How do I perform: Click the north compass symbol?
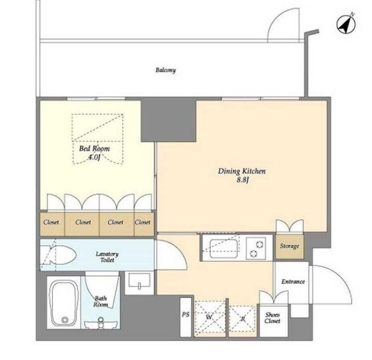pos(346,24)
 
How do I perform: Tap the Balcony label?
pos(166,70)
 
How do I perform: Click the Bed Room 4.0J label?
pos(94,153)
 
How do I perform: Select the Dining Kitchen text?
pos(242,171)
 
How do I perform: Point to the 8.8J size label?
pos(243,180)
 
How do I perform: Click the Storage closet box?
pos(289,246)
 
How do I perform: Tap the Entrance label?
pos(293,282)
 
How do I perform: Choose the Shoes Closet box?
pos(273,321)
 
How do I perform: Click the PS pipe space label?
pos(185,314)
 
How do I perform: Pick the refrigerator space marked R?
pos(243,319)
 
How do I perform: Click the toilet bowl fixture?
pos(58,255)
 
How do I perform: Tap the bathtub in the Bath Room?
pos(63,303)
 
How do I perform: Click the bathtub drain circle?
pos(65,320)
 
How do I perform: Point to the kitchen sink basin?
pos(224,249)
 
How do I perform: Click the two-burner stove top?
pos(256,249)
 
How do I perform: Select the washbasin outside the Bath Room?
pos(139,282)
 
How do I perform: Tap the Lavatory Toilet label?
pos(107,257)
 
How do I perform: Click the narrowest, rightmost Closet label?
pos(143,222)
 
